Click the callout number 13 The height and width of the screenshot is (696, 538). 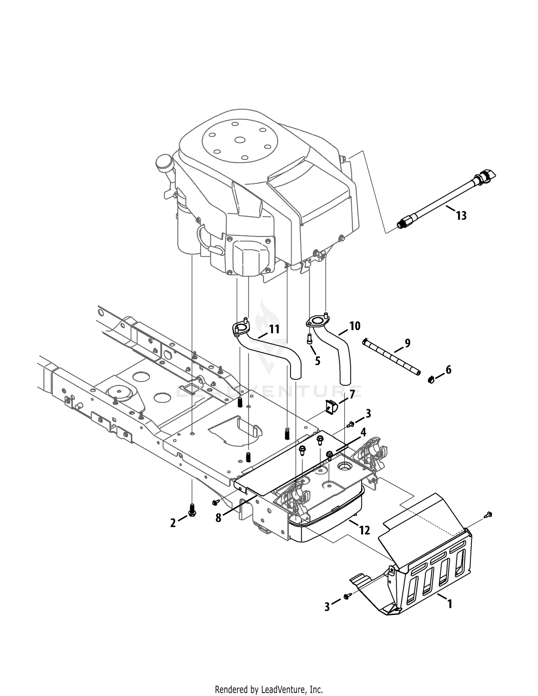(x=461, y=216)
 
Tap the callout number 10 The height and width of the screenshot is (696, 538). (x=355, y=326)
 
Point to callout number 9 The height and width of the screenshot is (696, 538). (x=407, y=343)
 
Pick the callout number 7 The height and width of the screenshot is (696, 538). (x=352, y=394)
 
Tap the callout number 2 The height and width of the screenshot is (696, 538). (x=173, y=523)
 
